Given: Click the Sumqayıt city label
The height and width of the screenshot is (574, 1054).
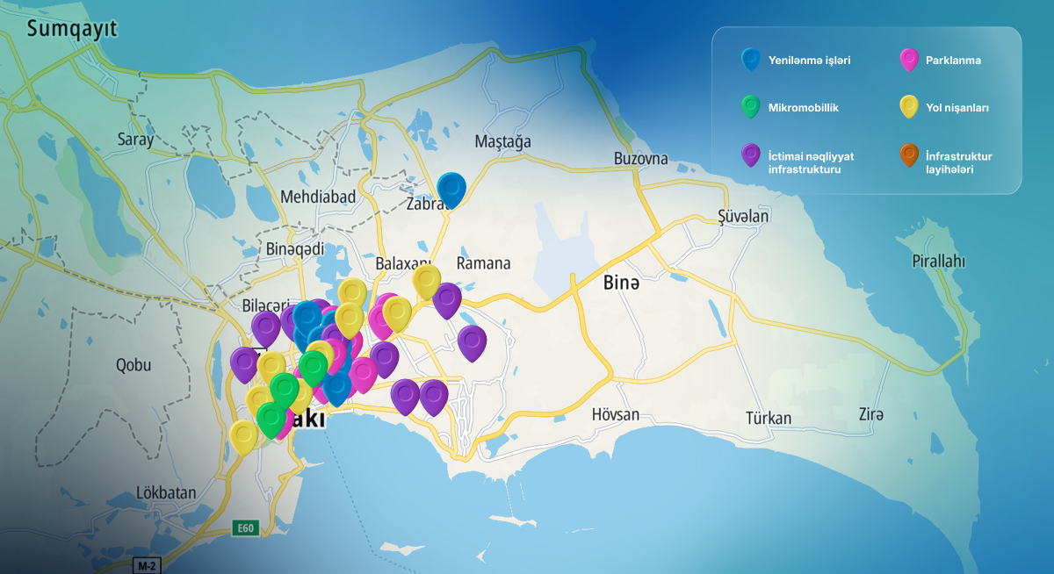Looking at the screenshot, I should (72, 30).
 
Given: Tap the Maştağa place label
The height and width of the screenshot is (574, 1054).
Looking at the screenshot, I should (502, 141).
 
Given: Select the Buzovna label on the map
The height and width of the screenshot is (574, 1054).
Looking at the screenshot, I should (640, 159).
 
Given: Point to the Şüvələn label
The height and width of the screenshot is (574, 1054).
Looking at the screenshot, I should (743, 216).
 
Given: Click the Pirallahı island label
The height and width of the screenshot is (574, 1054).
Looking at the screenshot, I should (938, 262).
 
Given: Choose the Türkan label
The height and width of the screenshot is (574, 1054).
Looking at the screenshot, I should (769, 418).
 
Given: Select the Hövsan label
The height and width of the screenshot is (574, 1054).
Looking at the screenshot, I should (615, 414).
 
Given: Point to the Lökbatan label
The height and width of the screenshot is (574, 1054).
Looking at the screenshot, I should (167, 492).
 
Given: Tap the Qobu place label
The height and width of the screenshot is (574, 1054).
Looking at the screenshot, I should (134, 365).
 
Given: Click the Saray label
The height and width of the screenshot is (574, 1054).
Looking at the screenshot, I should (135, 139).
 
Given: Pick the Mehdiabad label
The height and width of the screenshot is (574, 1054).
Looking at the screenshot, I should (318, 197).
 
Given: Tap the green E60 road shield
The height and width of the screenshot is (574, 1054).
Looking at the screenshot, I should (245, 527).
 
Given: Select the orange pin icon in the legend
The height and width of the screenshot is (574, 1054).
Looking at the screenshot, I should (908, 154).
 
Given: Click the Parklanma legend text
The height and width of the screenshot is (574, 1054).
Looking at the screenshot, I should (953, 61).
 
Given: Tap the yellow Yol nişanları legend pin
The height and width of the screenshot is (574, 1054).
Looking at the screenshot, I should (908, 107).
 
